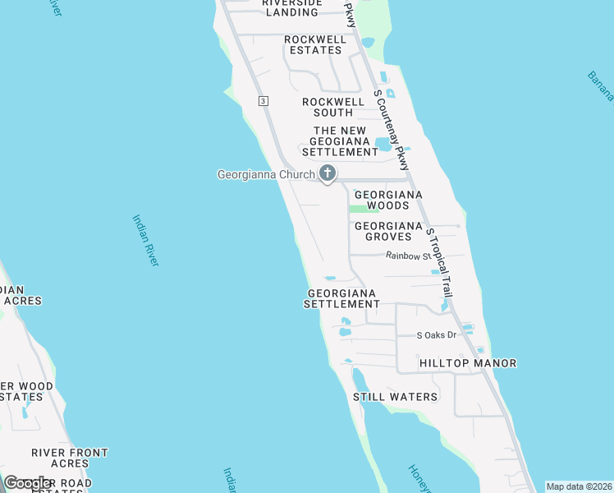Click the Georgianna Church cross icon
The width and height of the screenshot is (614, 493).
click(x=328, y=173)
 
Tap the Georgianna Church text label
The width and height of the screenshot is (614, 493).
click(x=265, y=174)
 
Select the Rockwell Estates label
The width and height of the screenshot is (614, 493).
click(x=313, y=44)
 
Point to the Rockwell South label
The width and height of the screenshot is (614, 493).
click(x=333, y=107)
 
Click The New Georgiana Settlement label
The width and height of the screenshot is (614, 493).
click(x=340, y=141)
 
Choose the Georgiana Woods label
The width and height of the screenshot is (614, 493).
click(x=387, y=200)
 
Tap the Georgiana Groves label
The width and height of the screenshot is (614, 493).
click(x=388, y=231)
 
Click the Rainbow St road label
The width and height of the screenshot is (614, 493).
click(x=408, y=256)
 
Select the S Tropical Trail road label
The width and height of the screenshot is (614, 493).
click(x=440, y=262)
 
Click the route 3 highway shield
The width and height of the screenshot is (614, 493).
click(x=263, y=100)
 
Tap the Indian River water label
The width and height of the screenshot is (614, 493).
click(x=145, y=240)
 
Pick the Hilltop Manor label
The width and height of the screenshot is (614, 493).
click(x=468, y=362)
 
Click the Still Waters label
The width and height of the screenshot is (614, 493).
click(x=395, y=397)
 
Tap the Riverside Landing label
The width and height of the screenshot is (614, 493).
click(x=292, y=7)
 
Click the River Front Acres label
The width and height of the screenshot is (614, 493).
click(x=70, y=458)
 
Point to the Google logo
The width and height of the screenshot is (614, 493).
click(x=29, y=483)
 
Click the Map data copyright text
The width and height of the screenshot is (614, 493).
click(x=579, y=486)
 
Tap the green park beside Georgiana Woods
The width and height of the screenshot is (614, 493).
click(x=359, y=209)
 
